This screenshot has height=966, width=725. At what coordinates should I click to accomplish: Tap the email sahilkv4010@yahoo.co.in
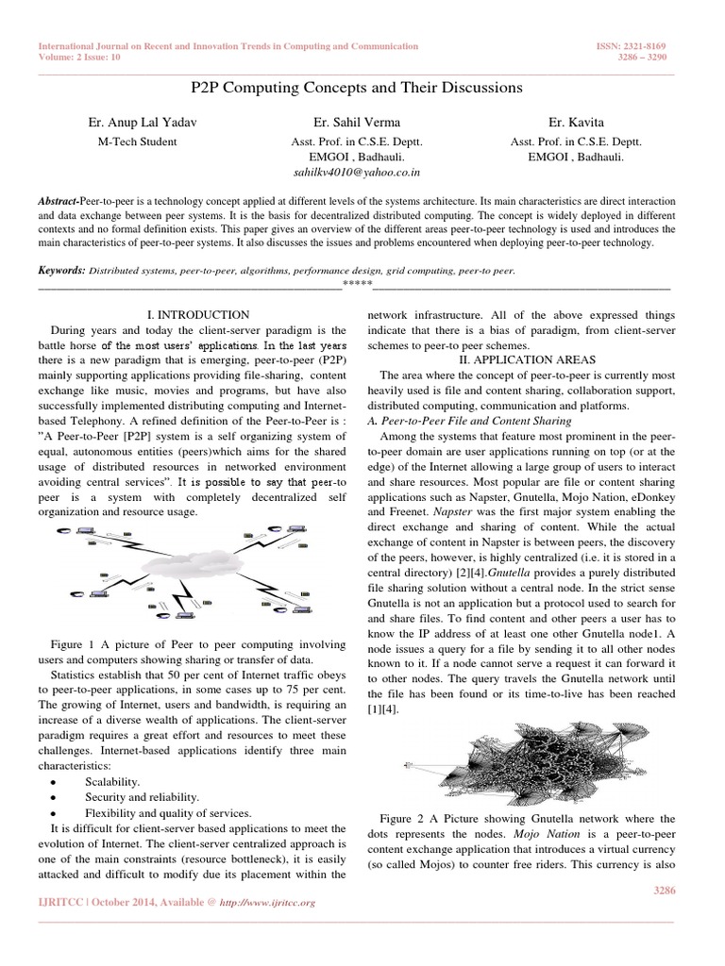point(357,174)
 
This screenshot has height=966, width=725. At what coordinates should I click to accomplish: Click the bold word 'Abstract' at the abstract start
point(59,203)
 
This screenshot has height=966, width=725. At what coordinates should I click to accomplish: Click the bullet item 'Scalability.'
point(112,782)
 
